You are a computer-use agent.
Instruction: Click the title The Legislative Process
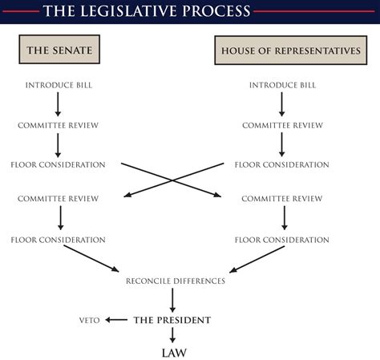tap(146, 11)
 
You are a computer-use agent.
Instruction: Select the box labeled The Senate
tap(59, 51)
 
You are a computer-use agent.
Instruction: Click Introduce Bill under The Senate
tap(59, 85)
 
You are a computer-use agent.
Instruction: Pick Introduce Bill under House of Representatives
tap(281, 85)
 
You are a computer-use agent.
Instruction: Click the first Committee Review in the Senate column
tap(59, 125)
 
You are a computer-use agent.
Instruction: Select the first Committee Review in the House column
tap(282, 125)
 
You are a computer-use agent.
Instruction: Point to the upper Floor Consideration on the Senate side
tap(59, 164)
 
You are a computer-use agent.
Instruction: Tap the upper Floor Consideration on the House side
tap(282, 164)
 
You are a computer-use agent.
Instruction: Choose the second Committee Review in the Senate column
tap(59, 198)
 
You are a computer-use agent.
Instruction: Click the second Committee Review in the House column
tap(282, 198)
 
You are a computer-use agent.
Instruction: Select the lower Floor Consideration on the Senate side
tap(59, 240)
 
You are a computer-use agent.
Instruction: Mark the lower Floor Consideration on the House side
tap(282, 240)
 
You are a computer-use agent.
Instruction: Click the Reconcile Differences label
tap(176, 281)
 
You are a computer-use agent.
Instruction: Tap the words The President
tap(172, 320)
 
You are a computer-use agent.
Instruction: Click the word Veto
tap(89, 320)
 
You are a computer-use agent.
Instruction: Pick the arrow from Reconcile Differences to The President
tap(172, 300)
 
